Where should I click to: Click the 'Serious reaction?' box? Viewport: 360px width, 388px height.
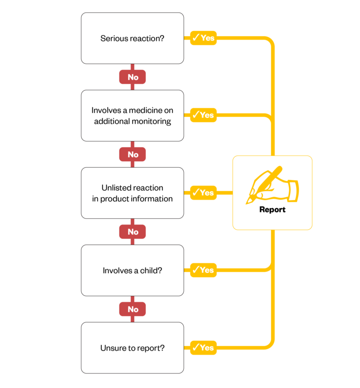click(x=132, y=38)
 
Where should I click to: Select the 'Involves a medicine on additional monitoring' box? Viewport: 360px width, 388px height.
click(x=132, y=116)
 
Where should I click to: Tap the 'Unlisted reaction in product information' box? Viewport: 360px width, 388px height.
click(x=132, y=193)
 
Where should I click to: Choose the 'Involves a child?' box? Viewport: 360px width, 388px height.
click(x=132, y=270)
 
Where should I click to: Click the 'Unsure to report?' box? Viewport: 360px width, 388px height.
click(x=132, y=348)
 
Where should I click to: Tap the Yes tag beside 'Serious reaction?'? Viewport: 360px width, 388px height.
click(x=203, y=38)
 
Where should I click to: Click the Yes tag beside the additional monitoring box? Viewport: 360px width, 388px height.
click(x=203, y=115)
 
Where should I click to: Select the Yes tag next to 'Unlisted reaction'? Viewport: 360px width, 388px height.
click(x=203, y=193)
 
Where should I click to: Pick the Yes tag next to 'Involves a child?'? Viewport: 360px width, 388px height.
click(x=203, y=270)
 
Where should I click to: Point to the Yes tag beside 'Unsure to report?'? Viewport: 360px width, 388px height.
click(x=203, y=348)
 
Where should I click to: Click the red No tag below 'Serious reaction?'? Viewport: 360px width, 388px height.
click(x=133, y=77)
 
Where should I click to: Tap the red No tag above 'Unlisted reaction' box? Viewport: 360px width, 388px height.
click(x=133, y=154)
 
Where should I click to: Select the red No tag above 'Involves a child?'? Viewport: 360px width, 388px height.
click(x=133, y=231)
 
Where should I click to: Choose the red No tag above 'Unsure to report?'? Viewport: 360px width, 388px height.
click(x=133, y=309)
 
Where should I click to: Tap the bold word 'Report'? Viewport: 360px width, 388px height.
click(x=272, y=209)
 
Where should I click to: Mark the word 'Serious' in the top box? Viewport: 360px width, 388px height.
click(x=113, y=38)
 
